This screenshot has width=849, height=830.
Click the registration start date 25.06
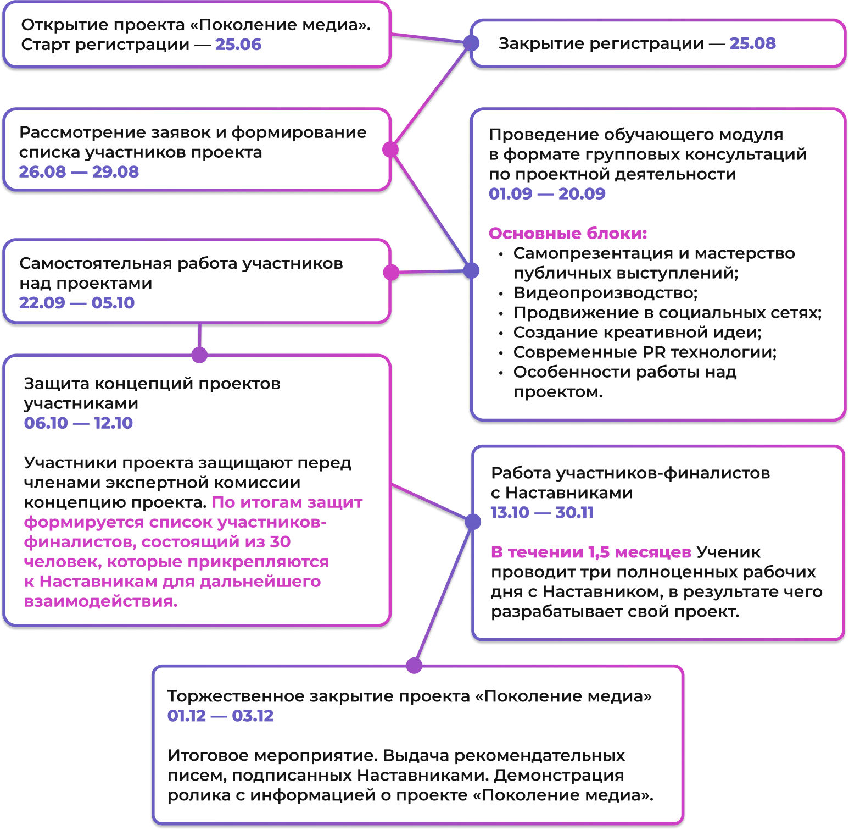click(238, 45)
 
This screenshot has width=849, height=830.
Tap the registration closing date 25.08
click(752, 43)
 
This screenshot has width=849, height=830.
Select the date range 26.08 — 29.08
click(79, 171)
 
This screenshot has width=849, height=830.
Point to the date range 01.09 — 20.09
click(547, 193)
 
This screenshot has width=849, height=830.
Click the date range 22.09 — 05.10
click(77, 302)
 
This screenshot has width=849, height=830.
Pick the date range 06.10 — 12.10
click(79, 423)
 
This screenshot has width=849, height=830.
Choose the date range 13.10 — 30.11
click(543, 512)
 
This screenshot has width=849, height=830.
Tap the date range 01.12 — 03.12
click(221, 716)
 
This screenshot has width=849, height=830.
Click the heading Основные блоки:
click(568, 233)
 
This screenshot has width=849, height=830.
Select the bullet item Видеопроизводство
click(605, 293)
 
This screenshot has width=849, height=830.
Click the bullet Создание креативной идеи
click(637, 333)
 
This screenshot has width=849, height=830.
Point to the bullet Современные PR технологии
click(645, 352)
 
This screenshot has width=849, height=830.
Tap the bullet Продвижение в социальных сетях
click(667, 313)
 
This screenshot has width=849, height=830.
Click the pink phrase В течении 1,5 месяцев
click(591, 552)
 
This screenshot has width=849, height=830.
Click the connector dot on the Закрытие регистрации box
click(471, 43)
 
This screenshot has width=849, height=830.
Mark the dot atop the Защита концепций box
click(199, 355)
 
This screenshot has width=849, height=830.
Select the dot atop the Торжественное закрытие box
click(414, 666)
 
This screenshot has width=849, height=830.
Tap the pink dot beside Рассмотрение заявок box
click(390, 150)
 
